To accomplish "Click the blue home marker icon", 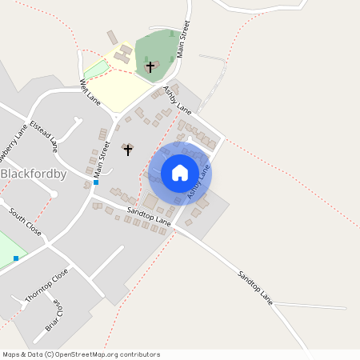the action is [x=180, y=173].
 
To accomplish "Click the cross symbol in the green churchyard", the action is [x=150, y=66].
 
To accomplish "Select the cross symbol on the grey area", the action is [x=127, y=150].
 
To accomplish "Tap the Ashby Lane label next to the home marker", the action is [x=198, y=182].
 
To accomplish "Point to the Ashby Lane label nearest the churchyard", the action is [x=178, y=98].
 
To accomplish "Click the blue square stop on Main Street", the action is [x=96, y=182].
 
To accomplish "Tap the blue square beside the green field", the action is [x=16, y=258].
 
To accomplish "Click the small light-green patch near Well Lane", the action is [x=96, y=69].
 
